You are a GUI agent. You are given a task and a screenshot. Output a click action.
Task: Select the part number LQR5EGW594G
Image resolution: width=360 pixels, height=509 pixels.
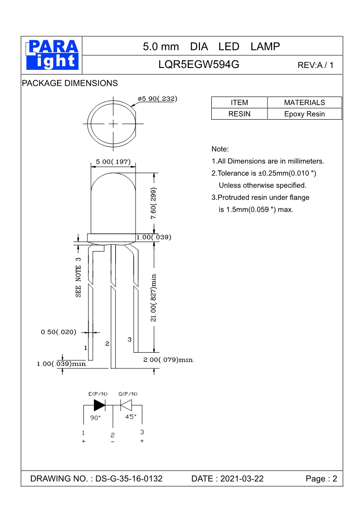pos(199,65)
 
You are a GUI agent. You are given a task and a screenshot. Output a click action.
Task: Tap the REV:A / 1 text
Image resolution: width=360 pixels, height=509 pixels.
pos(315,65)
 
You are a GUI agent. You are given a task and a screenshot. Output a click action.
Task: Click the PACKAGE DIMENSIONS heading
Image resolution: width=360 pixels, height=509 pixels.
pos(70,83)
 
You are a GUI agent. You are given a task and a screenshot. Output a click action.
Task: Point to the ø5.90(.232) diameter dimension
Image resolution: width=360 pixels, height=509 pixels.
pos(157,98)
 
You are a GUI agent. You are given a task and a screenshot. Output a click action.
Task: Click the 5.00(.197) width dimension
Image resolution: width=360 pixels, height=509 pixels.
pos(113,162)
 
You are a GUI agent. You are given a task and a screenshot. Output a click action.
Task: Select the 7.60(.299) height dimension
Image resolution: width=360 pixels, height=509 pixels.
pos(154,204)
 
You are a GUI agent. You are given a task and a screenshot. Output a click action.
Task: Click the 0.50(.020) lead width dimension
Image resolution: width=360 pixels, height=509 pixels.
pos(58,332)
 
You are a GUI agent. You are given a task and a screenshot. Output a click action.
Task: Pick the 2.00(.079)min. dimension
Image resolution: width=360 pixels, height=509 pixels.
pos(169,360)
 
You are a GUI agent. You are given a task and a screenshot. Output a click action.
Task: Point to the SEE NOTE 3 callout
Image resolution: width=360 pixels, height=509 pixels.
pos(78,277)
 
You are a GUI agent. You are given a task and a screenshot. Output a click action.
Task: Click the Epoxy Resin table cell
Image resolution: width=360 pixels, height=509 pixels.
pos(304,114)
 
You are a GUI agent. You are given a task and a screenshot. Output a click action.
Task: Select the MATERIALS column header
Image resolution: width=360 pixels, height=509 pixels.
pos(304,102)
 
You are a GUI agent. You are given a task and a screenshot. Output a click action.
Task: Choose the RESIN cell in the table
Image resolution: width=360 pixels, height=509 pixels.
pos(239,114)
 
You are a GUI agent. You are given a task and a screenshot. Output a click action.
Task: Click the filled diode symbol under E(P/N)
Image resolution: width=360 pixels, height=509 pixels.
pos(99,404)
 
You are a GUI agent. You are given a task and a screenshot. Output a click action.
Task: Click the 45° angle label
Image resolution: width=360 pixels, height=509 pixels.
pos(131,417)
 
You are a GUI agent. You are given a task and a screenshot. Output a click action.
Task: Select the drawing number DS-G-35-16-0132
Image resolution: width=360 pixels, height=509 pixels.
pos(129,479)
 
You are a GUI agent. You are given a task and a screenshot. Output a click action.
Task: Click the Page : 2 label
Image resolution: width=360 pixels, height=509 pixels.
pos(321,479)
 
